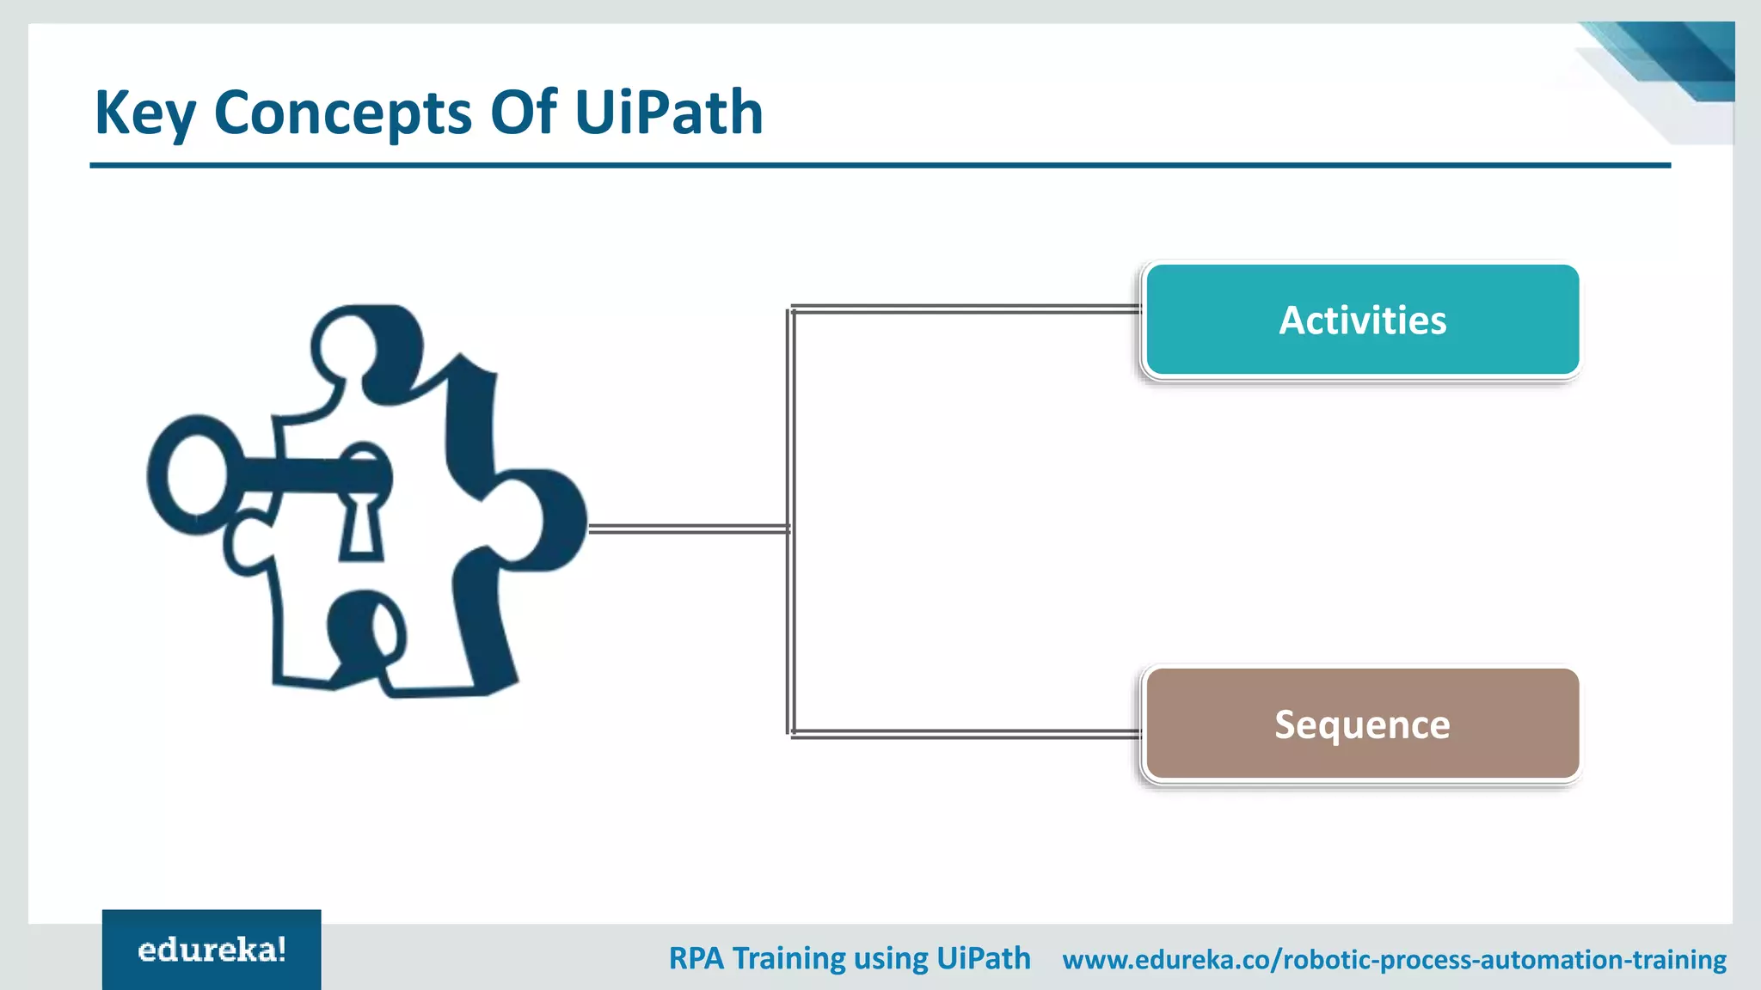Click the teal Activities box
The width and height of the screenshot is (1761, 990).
pyautogui.click(x=1362, y=320)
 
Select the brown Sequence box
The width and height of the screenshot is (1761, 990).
pyautogui.click(x=1362, y=724)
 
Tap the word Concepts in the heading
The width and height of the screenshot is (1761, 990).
pyautogui.click(x=342, y=113)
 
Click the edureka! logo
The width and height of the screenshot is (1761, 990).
pyautogui.click(x=212, y=950)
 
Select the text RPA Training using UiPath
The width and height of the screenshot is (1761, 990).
pyautogui.click(x=850, y=958)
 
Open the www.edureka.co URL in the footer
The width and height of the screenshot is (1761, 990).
pyautogui.click(x=1394, y=959)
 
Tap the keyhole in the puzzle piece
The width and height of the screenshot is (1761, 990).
pyautogui.click(x=360, y=524)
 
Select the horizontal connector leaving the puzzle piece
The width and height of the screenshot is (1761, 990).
pyautogui.click(x=688, y=529)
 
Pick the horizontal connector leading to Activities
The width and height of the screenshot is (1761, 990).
pyautogui.click(x=963, y=309)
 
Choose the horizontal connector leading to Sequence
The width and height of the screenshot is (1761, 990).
pyautogui.click(x=963, y=734)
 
